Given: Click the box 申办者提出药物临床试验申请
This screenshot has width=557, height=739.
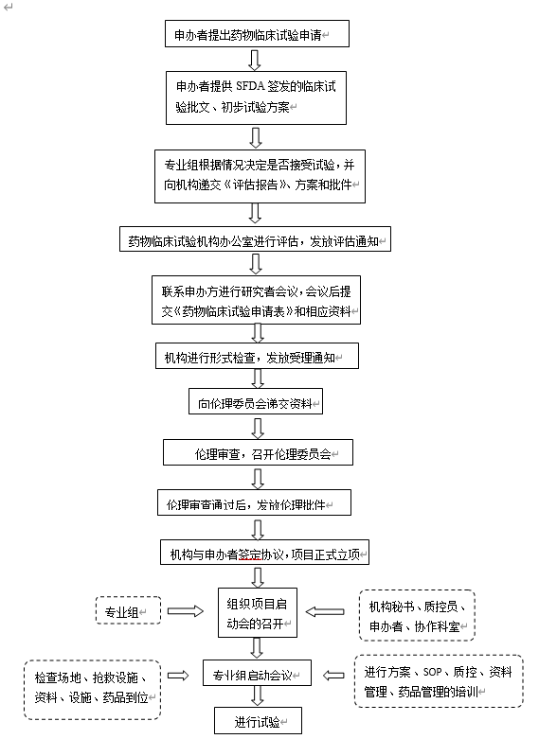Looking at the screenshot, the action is coord(257,33).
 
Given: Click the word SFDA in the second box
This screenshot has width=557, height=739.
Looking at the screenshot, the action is coord(249,86).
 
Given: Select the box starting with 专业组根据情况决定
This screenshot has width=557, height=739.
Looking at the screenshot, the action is coord(260,176).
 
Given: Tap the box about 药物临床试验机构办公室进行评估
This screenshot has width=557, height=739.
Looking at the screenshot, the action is coord(255,239).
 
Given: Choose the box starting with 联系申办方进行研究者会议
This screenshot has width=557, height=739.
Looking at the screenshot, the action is coord(256,300).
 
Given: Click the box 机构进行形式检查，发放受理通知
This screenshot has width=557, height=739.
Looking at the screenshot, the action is coord(257,356).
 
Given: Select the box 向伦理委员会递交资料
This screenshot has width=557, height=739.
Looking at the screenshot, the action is coord(256,401).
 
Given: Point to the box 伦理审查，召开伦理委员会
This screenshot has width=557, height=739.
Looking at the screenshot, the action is coord(258,452).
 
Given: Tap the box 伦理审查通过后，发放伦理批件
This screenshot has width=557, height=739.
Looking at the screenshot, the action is coord(254,502).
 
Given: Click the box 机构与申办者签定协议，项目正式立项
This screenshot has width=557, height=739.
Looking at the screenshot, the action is coord(264,552).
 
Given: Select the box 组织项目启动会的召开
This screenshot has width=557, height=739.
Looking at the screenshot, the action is coord(258,613).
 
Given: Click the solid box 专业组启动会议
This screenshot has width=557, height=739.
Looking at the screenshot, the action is coord(257,673).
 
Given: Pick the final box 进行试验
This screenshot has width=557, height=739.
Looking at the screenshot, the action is coord(258,720).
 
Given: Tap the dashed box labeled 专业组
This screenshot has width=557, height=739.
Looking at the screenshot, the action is coord(128,610).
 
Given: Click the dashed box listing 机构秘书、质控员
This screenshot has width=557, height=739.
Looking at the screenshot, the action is coord(417,615).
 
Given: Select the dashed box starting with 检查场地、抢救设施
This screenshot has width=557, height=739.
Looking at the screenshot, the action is coord(93,690).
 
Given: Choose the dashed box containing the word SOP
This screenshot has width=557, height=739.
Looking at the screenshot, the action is coord(439,681).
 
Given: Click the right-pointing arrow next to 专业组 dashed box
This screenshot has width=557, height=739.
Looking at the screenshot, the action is coord(186,611).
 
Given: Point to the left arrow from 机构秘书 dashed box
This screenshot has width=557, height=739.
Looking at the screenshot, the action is coord(325,612).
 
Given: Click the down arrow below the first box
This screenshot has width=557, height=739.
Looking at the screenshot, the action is coord(255,60).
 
